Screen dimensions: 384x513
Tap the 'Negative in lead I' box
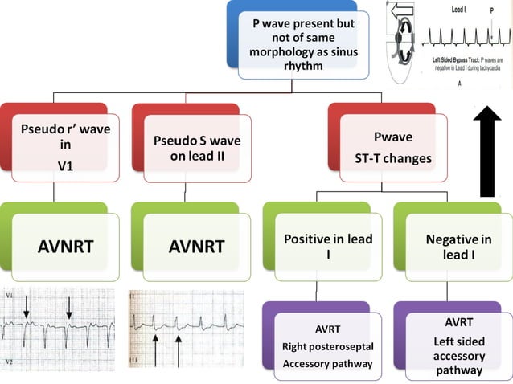[x=456, y=247]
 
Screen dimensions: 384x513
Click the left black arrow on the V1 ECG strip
[x=26, y=306]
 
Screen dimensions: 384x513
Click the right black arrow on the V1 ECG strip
[x=70, y=306]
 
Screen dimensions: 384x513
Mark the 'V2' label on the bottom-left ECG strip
[x=8, y=362]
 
